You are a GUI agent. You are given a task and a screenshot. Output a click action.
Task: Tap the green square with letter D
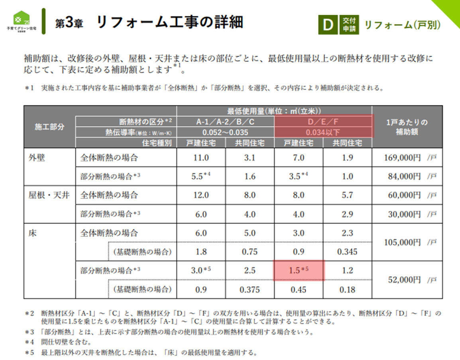coord(328,25)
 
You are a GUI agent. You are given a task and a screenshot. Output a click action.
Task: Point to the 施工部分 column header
coord(49,127)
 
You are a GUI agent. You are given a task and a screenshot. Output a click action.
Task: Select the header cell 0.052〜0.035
coord(225,132)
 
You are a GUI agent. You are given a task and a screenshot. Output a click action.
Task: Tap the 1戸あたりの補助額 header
coord(407,127)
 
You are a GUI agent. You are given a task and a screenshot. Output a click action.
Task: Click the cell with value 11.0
coord(201,157)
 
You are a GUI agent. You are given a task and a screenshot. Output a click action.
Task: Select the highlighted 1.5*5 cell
coord(299,271)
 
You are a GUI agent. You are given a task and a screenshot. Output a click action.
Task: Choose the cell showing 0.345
coord(347,252)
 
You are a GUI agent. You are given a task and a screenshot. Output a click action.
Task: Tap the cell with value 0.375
coord(250,289)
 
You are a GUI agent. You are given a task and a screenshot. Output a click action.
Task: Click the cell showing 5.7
coord(347,195)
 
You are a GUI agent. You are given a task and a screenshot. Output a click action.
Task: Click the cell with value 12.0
coord(201,195)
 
